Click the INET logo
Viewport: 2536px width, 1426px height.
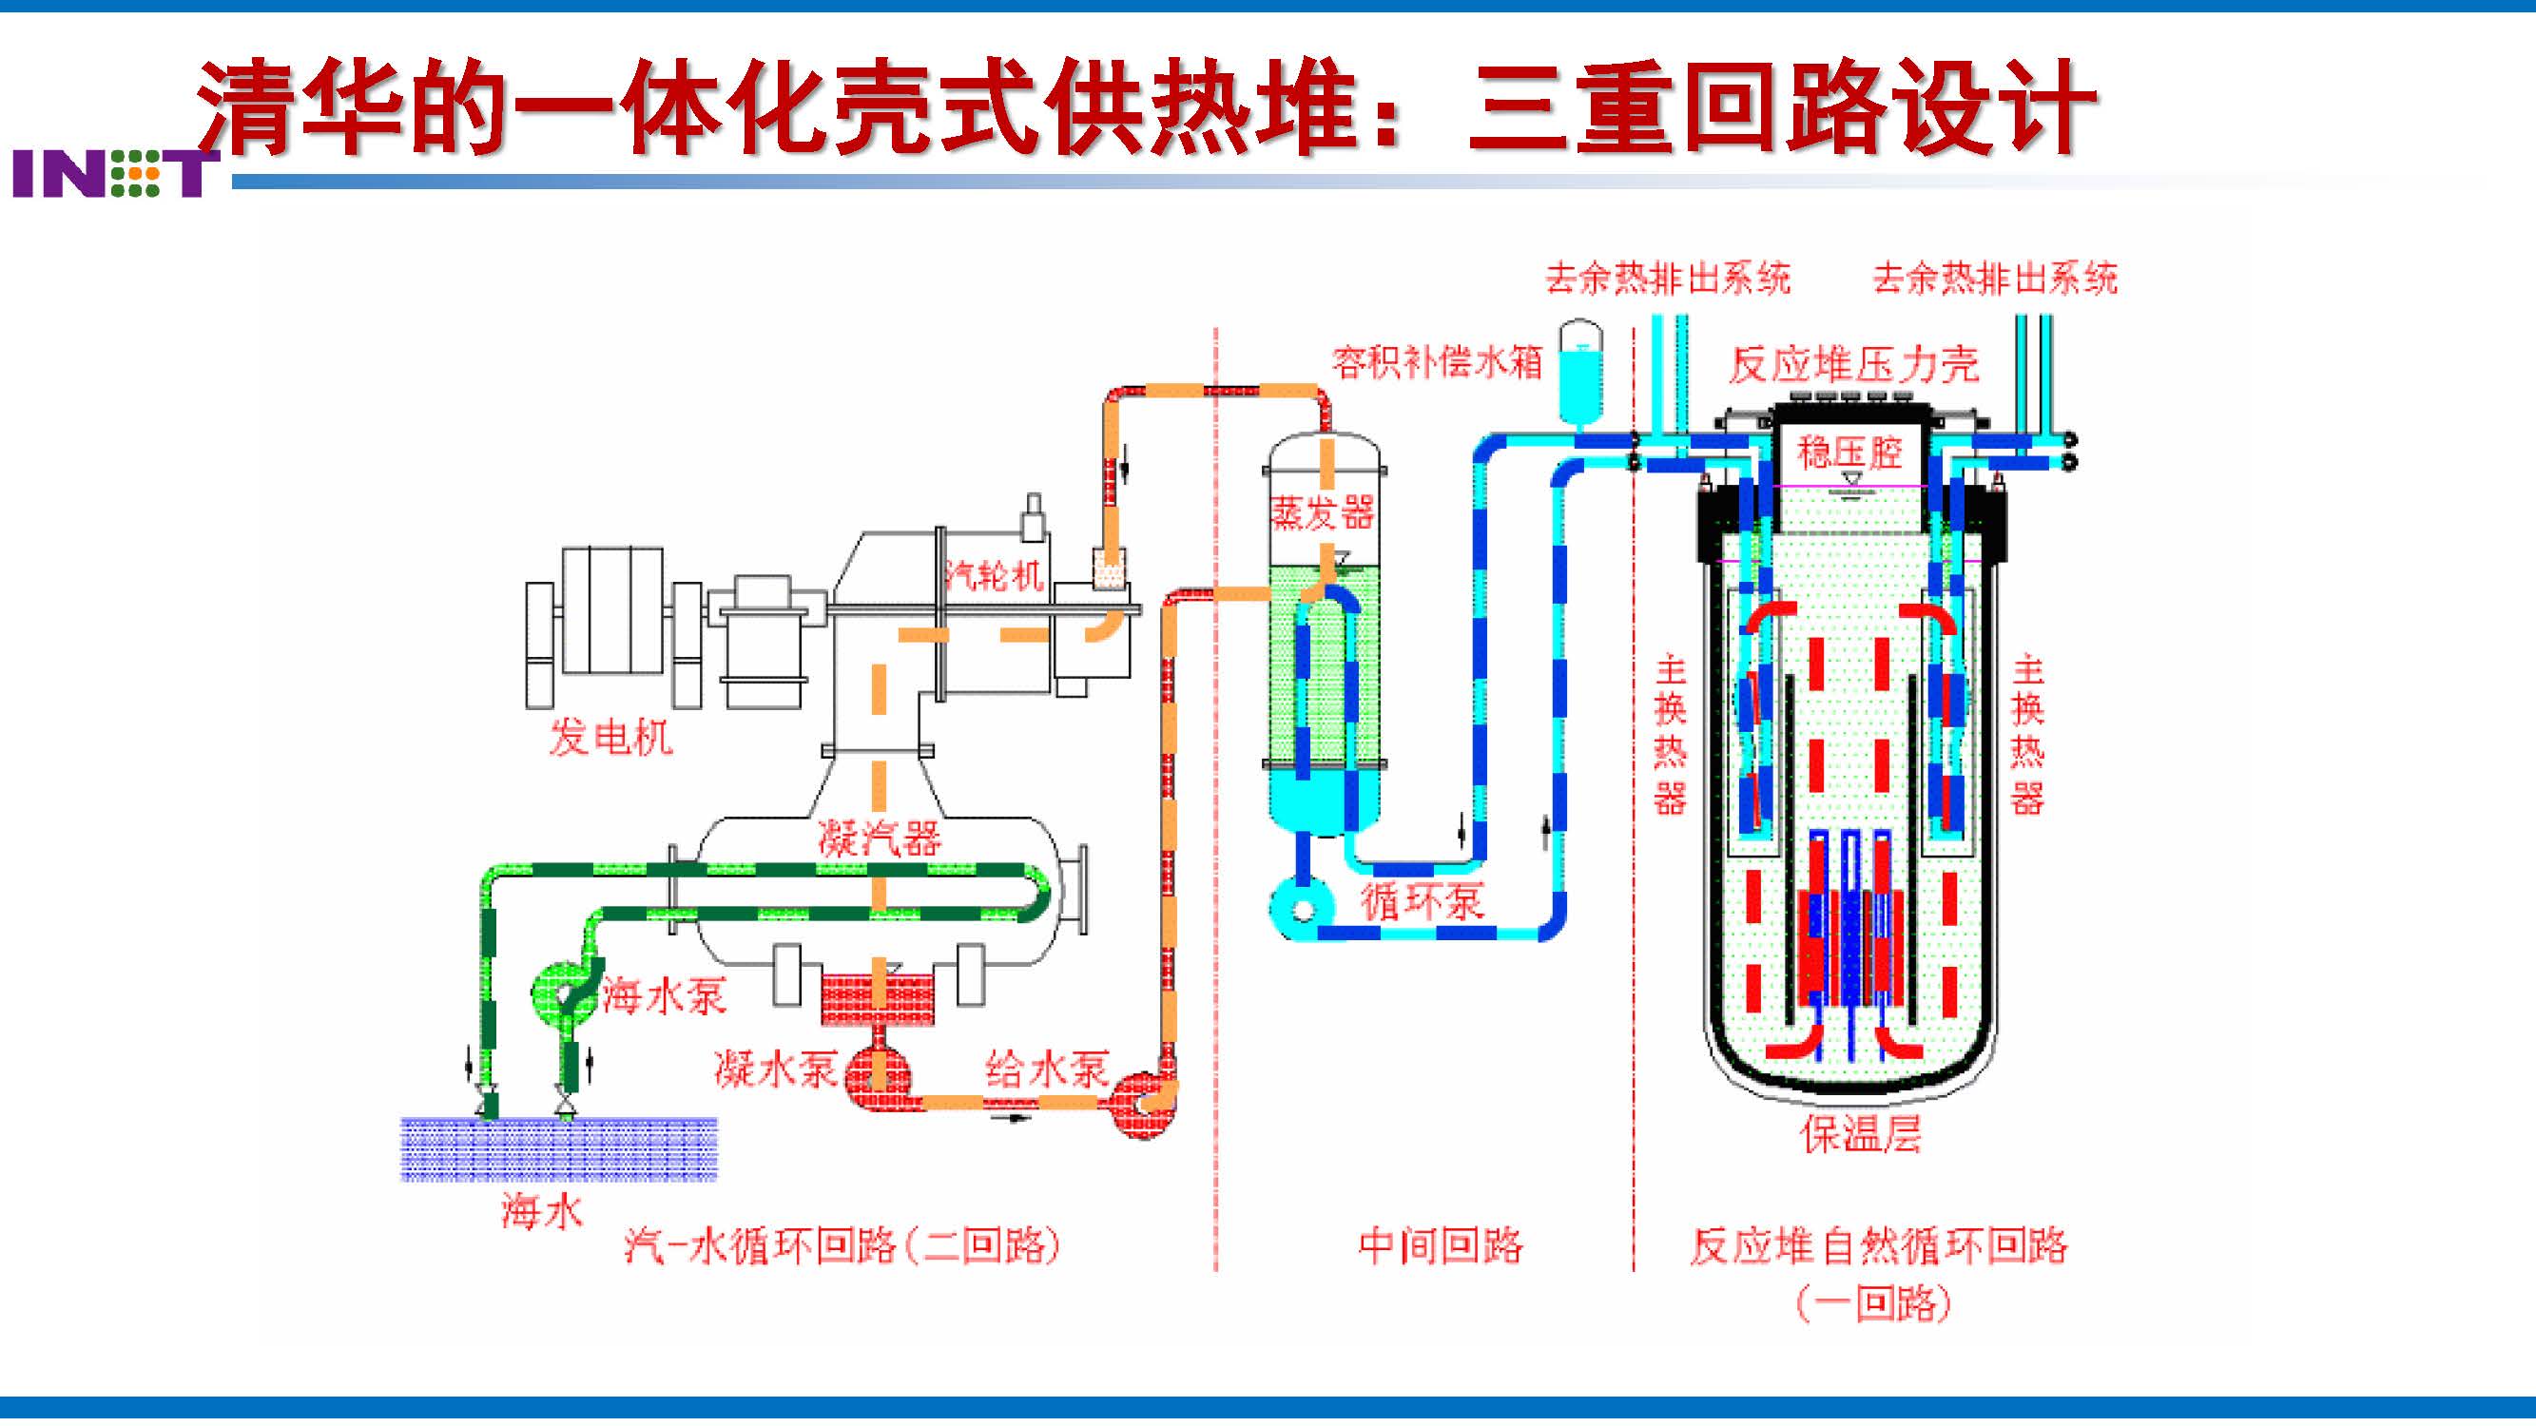tap(114, 174)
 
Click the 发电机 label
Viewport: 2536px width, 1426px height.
tap(610, 737)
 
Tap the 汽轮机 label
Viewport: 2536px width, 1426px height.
tap(995, 574)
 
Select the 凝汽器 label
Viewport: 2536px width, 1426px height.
tap(880, 838)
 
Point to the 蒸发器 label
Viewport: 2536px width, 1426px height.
tap(1321, 512)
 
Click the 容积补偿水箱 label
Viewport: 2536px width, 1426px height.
tap(1437, 362)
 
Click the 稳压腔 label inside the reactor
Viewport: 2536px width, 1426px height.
tap(1849, 453)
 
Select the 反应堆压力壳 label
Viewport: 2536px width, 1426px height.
tap(1854, 365)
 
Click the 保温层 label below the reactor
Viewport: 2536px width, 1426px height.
tap(1861, 1134)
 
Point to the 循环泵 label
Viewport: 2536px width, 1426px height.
tap(1422, 900)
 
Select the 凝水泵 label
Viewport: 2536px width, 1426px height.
tap(776, 1069)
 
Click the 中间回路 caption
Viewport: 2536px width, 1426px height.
tap(1441, 1246)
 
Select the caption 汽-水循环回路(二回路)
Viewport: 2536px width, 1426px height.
tap(842, 1246)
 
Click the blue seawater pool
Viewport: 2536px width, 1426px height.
tap(558, 1148)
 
